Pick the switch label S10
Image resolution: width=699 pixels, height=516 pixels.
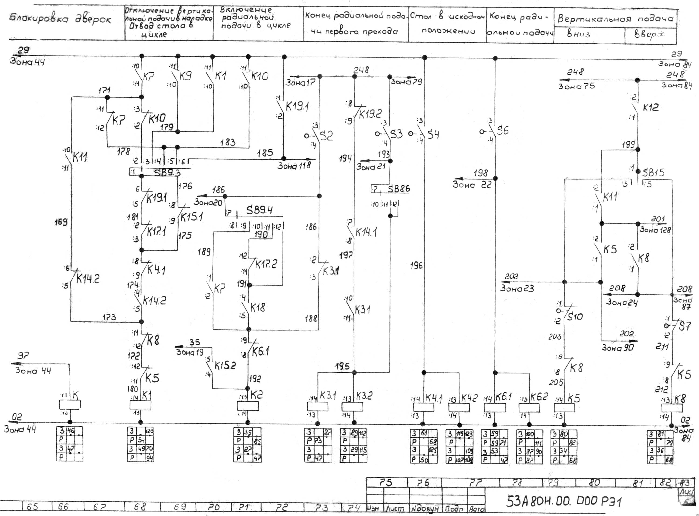[575, 317]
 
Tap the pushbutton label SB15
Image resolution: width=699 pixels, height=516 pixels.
[653, 172]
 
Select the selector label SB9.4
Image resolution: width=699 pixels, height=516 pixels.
[259, 210]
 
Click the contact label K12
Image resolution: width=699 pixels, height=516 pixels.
[651, 107]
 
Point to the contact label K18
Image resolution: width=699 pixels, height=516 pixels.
[258, 307]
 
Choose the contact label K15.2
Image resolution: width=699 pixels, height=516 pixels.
[225, 365]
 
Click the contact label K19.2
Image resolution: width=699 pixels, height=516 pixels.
[370, 114]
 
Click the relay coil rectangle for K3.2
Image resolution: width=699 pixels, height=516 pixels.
[353, 407]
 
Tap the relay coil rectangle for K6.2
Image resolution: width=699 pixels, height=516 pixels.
[529, 408]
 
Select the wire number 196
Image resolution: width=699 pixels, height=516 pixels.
[416, 266]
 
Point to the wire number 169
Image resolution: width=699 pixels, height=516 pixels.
[61, 222]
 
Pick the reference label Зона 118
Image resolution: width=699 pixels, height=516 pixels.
[294, 165]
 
